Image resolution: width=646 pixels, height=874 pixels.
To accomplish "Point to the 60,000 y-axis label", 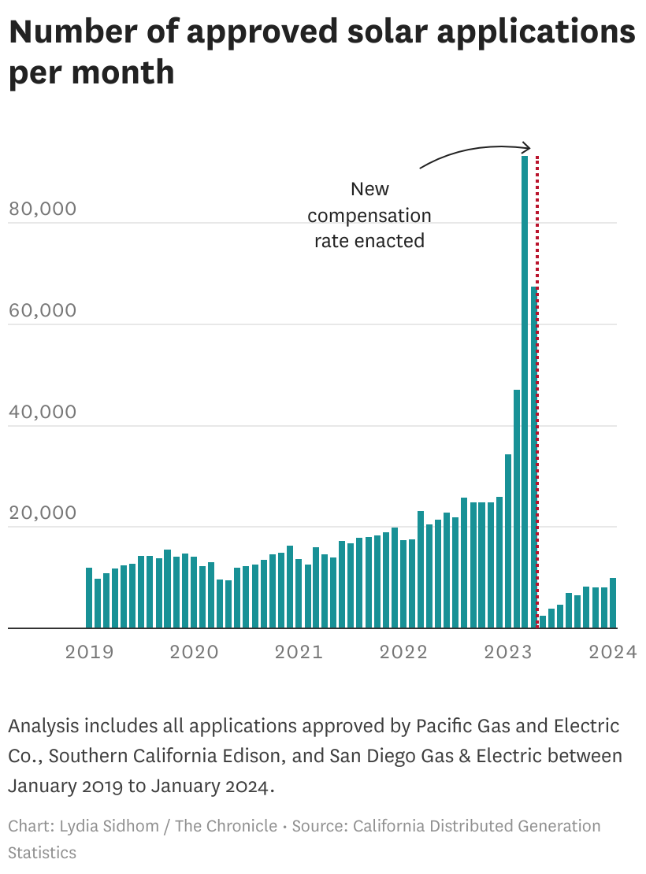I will click(43, 310).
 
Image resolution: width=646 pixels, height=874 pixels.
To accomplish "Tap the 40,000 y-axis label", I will click(43, 412).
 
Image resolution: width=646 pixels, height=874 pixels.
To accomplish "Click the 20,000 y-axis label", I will click(43, 513).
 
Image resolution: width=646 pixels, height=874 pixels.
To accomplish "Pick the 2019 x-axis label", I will click(89, 652).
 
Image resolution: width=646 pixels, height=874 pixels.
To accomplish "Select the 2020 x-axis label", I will click(194, 652).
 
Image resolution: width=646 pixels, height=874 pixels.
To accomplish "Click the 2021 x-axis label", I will click(299, 652).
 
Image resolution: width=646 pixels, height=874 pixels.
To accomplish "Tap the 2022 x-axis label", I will click(403, 652).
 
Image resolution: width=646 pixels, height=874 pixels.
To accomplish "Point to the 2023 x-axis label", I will click(508, 652).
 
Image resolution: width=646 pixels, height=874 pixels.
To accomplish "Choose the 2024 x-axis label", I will click(612, 652).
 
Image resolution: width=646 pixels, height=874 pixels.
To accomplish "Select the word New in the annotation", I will click(369, 189).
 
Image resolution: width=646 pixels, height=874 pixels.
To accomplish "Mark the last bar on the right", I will click(613, 603).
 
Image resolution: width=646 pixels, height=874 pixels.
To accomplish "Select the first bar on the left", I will click(89, 598).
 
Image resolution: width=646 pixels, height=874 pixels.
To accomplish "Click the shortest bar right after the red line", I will click(543, 622).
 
